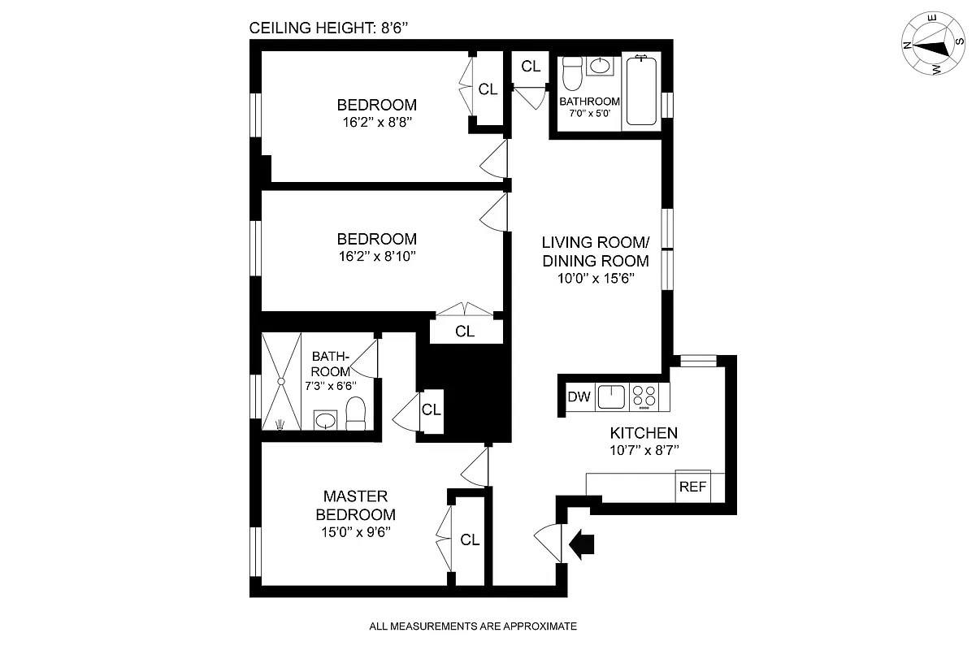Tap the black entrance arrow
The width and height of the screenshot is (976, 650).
(583, 544)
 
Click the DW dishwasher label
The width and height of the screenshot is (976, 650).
(578, 397)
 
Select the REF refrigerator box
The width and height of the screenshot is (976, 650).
(692, 487)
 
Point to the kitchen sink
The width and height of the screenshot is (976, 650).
(610, 397)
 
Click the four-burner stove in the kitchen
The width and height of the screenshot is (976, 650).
(644, 396)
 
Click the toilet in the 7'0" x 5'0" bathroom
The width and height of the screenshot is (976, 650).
(571, 76)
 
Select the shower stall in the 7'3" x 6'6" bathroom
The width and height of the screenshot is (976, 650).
(281, 380)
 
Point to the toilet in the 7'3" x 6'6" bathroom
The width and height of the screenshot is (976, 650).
(357, 414)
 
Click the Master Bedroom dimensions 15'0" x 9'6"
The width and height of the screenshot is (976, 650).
(355, 533)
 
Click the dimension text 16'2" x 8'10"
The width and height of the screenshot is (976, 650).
(376, 257)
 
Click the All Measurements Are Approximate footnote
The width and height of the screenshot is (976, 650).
(472, 626)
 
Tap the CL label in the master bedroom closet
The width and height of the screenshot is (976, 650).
(470, 539)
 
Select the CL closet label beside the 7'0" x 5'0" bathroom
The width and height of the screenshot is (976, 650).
(531, 67)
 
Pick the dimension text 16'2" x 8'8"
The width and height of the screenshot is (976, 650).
(376, 123)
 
